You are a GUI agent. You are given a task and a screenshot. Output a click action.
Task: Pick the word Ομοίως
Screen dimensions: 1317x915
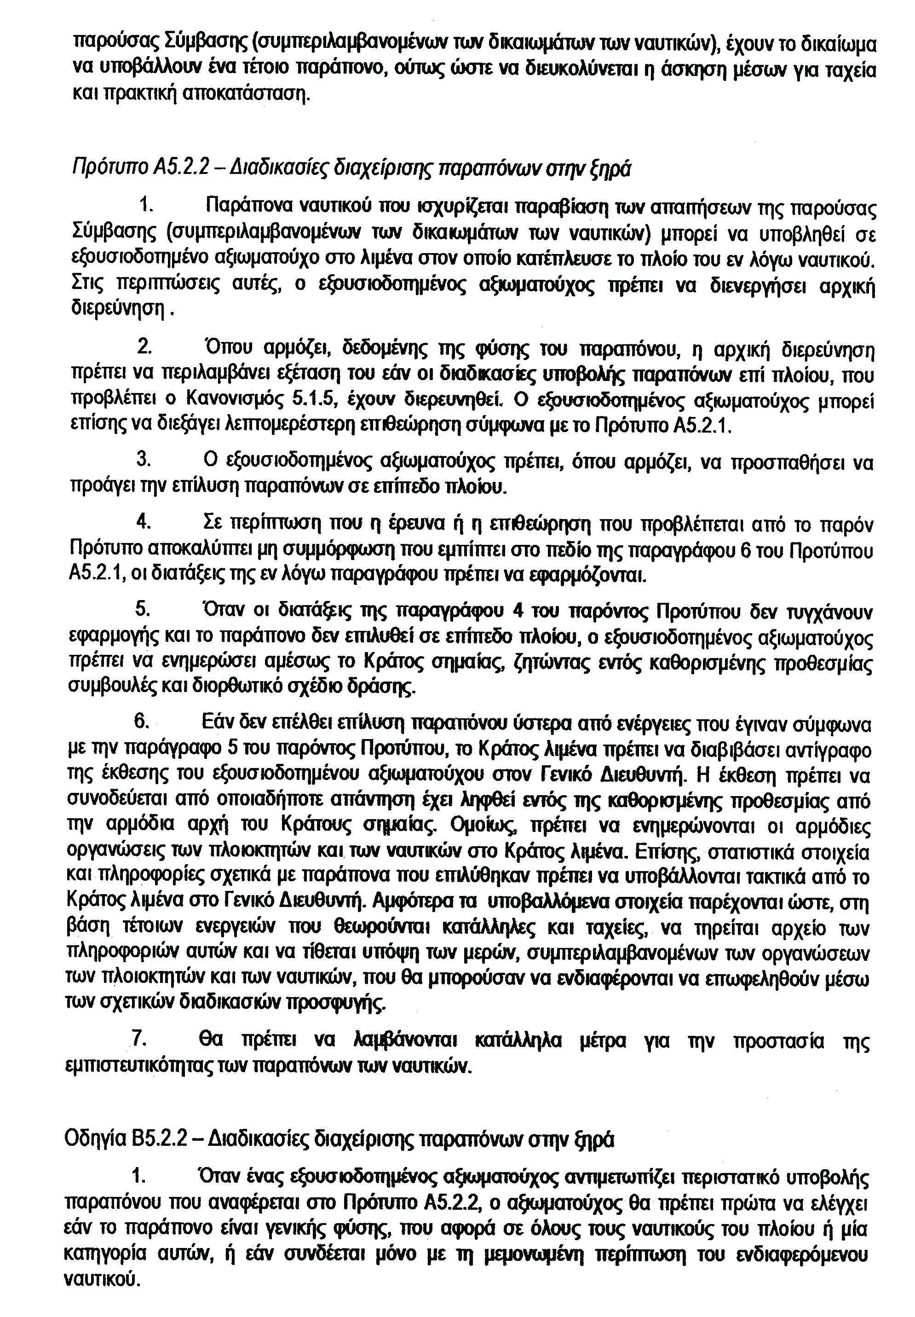point(484,828)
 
